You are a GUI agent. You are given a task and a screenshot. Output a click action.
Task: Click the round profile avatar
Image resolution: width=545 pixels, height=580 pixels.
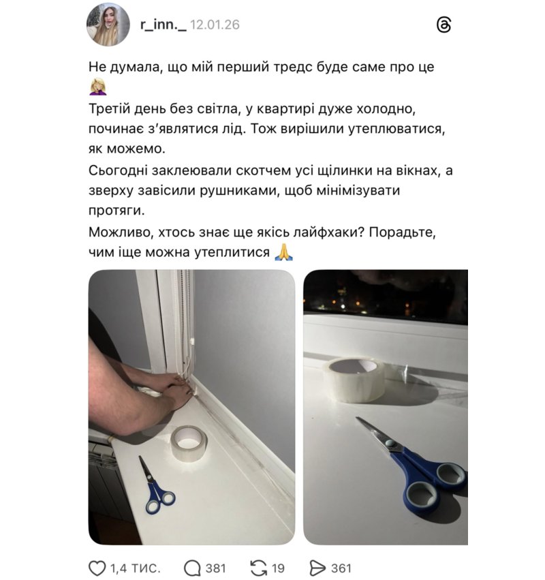[x=108, y=25]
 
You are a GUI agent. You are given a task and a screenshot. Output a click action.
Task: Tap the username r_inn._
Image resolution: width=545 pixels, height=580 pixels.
[x=163, y=25]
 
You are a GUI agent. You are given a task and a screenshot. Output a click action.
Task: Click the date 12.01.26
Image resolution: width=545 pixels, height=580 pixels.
[x=215, y=25]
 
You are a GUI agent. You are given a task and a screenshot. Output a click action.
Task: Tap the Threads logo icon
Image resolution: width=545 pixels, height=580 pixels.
[x=443, y=25]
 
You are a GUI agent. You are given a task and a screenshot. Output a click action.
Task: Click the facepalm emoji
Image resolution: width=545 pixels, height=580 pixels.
[x=98, y=87]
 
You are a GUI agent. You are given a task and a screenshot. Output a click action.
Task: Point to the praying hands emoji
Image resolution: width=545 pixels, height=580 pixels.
[x=284, y=252]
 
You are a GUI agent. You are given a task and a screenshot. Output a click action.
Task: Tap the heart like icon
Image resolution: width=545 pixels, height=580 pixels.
[x=97, y=568]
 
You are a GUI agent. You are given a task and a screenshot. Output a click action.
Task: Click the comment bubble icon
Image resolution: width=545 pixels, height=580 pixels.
[x=192, y=568]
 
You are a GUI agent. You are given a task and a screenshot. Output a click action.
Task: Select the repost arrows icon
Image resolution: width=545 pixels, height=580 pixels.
[x=258, y=568]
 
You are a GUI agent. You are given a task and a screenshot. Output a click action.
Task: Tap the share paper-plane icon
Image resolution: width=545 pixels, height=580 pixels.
[x=317, y=568]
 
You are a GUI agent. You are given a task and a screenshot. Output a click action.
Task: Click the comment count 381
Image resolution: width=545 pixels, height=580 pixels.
[x=215, y=568]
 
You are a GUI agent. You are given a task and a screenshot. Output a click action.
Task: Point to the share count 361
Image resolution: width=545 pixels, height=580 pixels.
[x=341, y=568]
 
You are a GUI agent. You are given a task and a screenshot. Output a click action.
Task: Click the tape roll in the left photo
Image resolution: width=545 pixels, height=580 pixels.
[x=189, y=444]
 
